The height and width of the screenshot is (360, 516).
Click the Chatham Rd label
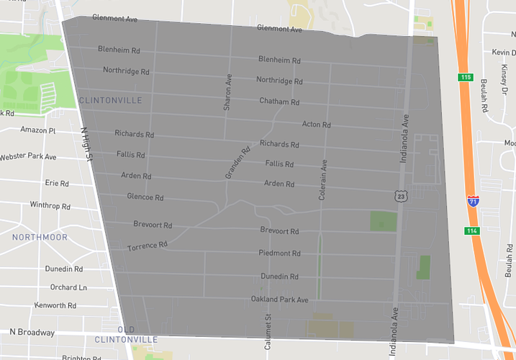(x=279, y=102)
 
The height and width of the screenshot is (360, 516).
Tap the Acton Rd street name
(x=316, y=125)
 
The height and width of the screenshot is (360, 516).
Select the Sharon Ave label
(x=227, y=91)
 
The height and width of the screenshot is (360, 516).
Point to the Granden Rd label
(x=237, y=162)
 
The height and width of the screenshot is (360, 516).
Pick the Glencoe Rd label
(x=145, y=197)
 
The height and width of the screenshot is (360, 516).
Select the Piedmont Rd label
(x=280, y=253)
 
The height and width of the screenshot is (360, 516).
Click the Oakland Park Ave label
(x=279, y=299)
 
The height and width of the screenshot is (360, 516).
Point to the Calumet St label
(x=267, y=332)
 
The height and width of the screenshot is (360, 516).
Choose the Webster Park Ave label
(x=28, y=157)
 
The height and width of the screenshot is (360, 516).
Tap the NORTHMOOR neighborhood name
(x=40, y=237)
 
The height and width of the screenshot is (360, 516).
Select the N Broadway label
(x=32, y=333)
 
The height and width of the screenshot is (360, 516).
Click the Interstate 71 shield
(x=473, y=202)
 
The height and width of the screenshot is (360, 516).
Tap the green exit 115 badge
(x=466, y=77)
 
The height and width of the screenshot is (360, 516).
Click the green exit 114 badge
(x=471, y=231)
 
